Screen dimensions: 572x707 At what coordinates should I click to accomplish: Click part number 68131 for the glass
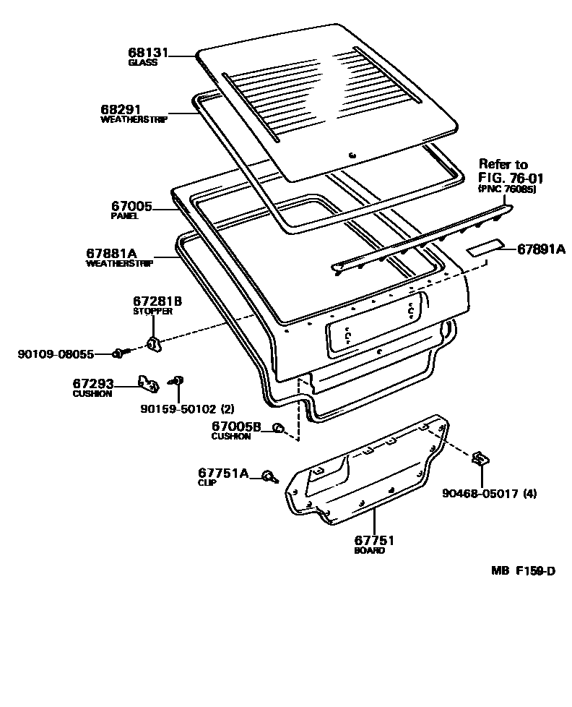[148, 53]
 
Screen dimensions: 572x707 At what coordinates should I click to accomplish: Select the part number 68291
[121, 110]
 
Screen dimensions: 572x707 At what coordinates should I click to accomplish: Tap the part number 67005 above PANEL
[131, 207]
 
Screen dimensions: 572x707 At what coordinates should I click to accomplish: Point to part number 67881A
[112, 254]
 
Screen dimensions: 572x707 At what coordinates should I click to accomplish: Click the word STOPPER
[152, 311]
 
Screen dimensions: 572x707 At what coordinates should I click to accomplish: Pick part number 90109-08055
[56, 354]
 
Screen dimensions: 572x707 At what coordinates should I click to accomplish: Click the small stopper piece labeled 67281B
[155, 343]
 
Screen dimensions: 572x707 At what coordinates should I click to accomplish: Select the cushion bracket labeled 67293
[149, 385]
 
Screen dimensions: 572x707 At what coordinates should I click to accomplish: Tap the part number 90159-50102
[180, 409]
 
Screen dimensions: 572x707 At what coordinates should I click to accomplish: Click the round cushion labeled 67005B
[279, 427]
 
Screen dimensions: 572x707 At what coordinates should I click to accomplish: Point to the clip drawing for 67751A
[270, 476]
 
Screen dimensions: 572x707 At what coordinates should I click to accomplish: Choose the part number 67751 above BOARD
[374, 540]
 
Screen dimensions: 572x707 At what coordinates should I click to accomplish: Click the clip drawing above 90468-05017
[480, 459]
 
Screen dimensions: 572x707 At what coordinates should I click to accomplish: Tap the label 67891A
[541, 249]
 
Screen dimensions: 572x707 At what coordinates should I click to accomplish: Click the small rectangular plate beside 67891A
[485, 247]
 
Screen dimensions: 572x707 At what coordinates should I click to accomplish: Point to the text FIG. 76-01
[511, 178]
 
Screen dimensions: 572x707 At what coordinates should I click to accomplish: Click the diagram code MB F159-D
[524, 571]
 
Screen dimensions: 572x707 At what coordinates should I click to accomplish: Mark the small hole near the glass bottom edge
[352, 155]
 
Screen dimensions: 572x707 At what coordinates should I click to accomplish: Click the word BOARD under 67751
[370, 551]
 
